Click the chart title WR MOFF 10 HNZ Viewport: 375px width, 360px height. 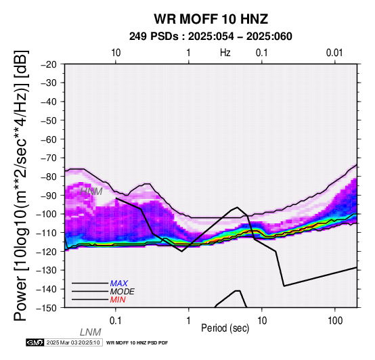[x=211, y=19]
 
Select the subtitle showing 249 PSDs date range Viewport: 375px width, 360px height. [x=211, y=37]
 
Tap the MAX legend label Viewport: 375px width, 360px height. [x=118, y=284]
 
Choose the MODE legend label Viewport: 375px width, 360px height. [x=123, y=292]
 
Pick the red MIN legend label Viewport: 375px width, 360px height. [x=118, y=300]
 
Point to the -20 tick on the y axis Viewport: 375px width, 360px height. [x=49, y=64]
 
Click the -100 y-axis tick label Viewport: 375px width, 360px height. [x=46, y=214]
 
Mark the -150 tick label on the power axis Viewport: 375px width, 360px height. [x=46, y=308]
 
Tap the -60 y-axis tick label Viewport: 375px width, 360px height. [x=49, y=139]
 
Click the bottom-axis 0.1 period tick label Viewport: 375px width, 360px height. [x=116, y=321]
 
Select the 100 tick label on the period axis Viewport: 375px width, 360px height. [x=335, y=321]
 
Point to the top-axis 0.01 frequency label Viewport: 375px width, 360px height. [x=334, y=53]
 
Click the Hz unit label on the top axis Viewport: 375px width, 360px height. [x=225, y=53]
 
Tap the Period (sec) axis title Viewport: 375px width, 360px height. [x=225, y=328]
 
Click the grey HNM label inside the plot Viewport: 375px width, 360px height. [x=91, y=192]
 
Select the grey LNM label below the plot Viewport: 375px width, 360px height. [x=91, y=332]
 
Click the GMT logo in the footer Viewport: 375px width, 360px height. [x=35, y=343]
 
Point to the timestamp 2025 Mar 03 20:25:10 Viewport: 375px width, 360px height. [x=73, y=343]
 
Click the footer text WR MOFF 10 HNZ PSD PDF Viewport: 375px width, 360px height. [x=137, y=343]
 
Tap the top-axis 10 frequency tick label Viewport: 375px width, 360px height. [x=116, y=53]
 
